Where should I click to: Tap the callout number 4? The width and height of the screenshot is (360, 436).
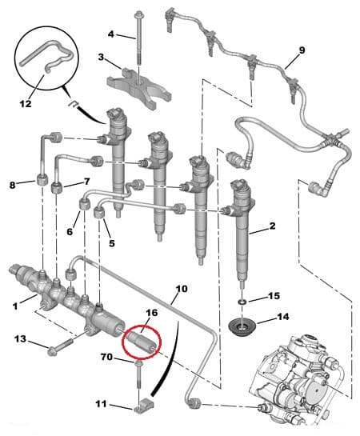coord(111,34)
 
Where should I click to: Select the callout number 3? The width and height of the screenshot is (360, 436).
coord(102,57)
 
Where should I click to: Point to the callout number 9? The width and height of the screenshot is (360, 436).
coord(302,50)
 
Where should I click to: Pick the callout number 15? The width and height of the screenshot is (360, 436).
coord(274,296)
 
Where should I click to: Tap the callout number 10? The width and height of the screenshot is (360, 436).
coord(181,288)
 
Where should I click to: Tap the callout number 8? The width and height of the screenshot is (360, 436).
coord(13,186)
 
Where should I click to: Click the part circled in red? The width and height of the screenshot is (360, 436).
coord(141,341)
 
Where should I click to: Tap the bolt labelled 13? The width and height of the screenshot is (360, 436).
coord(61,347)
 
